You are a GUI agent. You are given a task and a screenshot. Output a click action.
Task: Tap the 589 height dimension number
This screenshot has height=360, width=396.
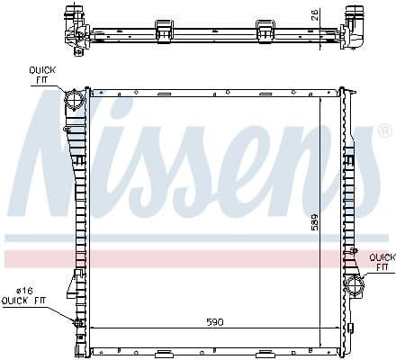314,221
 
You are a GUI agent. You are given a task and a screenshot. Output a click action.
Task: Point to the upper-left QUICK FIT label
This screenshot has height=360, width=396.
41,75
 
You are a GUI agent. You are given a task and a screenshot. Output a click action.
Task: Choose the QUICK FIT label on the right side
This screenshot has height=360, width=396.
381,262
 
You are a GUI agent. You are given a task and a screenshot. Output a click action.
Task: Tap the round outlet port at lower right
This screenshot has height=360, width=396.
354,287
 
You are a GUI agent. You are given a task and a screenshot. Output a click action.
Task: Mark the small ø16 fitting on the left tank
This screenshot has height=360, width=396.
76,322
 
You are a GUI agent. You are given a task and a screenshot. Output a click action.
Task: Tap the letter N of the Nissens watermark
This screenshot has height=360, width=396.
59,162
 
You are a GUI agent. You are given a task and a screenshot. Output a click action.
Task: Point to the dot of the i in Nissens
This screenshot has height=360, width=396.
142,107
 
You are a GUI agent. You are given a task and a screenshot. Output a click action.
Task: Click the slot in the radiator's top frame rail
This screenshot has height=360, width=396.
163,94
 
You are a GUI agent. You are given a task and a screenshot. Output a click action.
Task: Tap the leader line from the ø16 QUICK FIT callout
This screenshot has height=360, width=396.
63,310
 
